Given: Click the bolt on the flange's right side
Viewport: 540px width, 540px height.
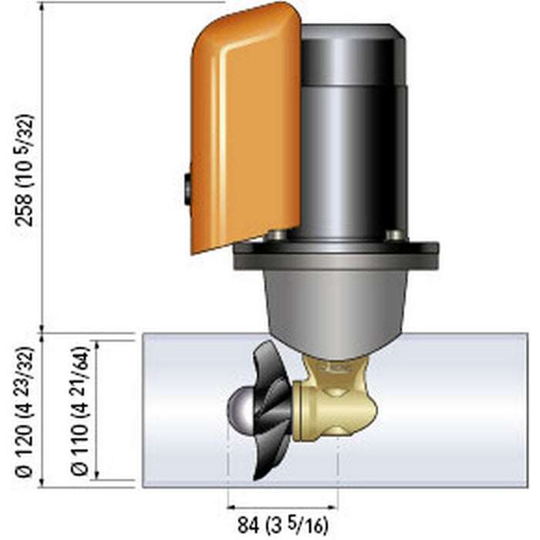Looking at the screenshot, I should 396,235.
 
